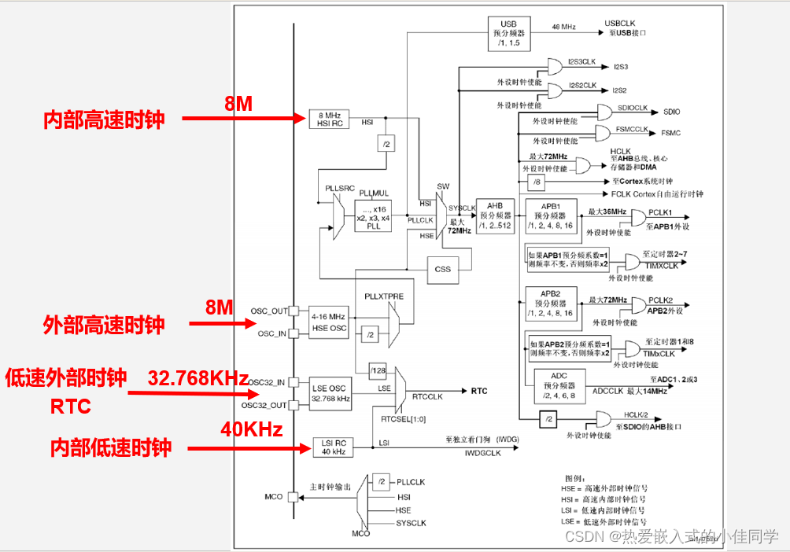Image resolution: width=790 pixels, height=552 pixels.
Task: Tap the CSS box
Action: click(443, 269)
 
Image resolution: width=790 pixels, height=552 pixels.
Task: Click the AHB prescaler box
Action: click(494, 215)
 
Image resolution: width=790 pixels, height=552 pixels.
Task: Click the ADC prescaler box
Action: click(559, 386)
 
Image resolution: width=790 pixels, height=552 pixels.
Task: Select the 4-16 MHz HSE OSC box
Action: click(328, 322)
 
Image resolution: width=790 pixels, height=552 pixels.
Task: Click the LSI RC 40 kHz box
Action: click(334, 447)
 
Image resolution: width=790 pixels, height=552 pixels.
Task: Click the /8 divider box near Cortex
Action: click(537, 182)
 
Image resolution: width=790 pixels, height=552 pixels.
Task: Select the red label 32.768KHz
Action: click(198, 377)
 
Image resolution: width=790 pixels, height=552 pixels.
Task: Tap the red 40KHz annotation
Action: click(252, 429)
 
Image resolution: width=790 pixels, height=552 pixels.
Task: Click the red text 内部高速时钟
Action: click(104, 120)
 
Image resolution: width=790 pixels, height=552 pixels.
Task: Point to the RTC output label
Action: click(479, 391)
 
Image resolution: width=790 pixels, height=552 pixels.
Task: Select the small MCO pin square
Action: click(293, 497)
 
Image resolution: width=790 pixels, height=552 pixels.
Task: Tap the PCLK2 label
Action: click(659, 300)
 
